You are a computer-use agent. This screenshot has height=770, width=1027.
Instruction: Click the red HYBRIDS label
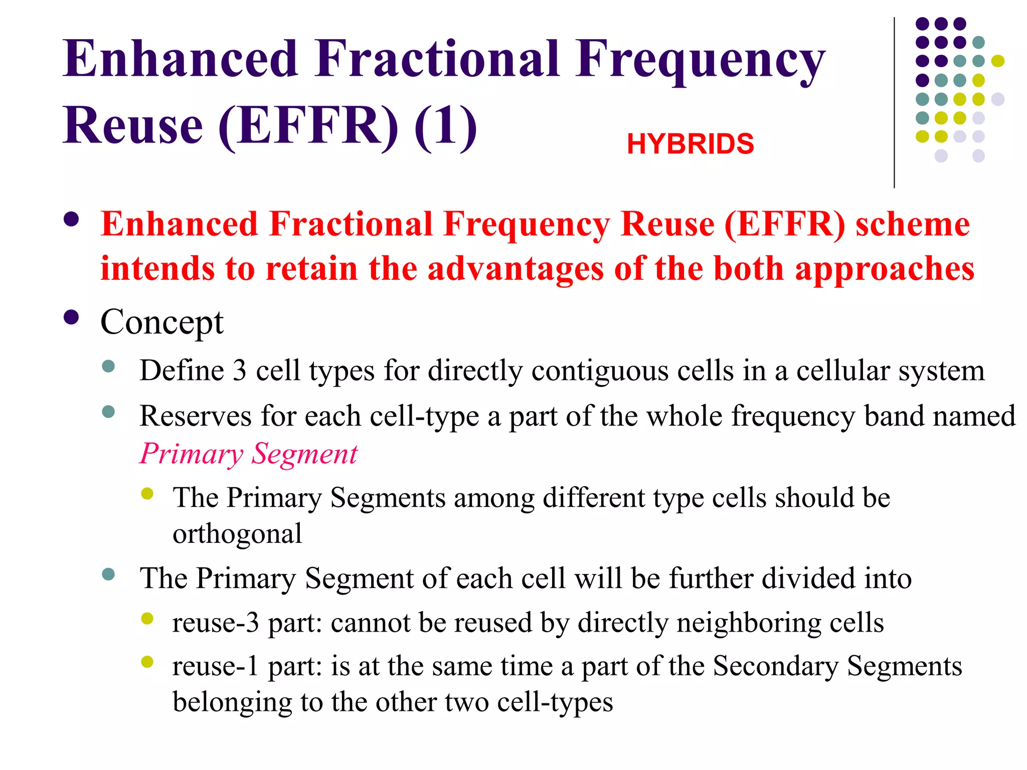click(x=690, y=144)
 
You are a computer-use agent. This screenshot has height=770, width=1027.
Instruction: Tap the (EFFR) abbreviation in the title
click(x=308, y=126)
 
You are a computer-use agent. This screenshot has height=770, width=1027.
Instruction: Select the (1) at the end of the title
click(x=445, y=126)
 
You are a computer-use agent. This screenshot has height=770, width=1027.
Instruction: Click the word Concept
click(x=161, y=322)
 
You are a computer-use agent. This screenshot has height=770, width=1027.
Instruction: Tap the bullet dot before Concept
click(x=72, y=318)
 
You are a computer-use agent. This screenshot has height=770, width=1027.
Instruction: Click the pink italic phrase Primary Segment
click(x=248, y=454)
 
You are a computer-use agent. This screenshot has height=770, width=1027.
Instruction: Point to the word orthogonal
click(x=237, y=534)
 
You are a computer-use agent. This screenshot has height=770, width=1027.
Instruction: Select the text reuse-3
click(x=216, y=623)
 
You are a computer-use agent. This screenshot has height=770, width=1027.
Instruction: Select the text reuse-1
click(x=216, y=666)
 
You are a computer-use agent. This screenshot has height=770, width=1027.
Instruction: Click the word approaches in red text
click(x=885, y=269)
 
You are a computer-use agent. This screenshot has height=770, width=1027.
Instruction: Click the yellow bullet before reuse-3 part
click(x=147, y=619)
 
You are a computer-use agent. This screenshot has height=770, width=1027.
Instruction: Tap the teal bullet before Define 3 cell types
click(x=108, y=366)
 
